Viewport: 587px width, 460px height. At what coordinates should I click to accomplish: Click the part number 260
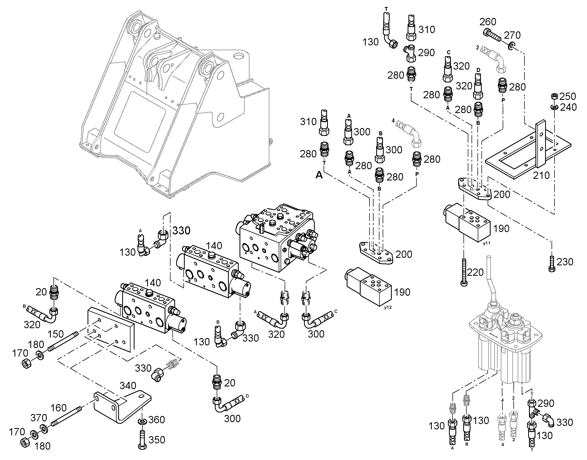pyautogui.click(x=488, y=22)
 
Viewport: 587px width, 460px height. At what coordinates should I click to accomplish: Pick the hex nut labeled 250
pyautogui.click(x=555, y=96)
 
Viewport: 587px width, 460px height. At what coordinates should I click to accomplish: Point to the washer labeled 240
pyautogui.click(x=555, y=107)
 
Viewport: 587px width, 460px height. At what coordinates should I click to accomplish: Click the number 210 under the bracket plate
pyautogui.click(x=541, y=175)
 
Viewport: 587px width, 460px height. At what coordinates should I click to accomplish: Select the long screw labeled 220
pyautogui.click(x=464, y=272)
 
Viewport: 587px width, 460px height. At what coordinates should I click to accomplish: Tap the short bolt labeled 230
pyautogui.click(x=552, y=264)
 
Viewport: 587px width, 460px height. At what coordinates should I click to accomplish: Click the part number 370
pyautogui.click(x=39, y=418)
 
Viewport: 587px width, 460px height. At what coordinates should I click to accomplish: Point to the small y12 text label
pyautogui.click(x=388, y=307)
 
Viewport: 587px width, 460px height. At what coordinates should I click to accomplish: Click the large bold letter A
pyautogui.click(x=319, y=175)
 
